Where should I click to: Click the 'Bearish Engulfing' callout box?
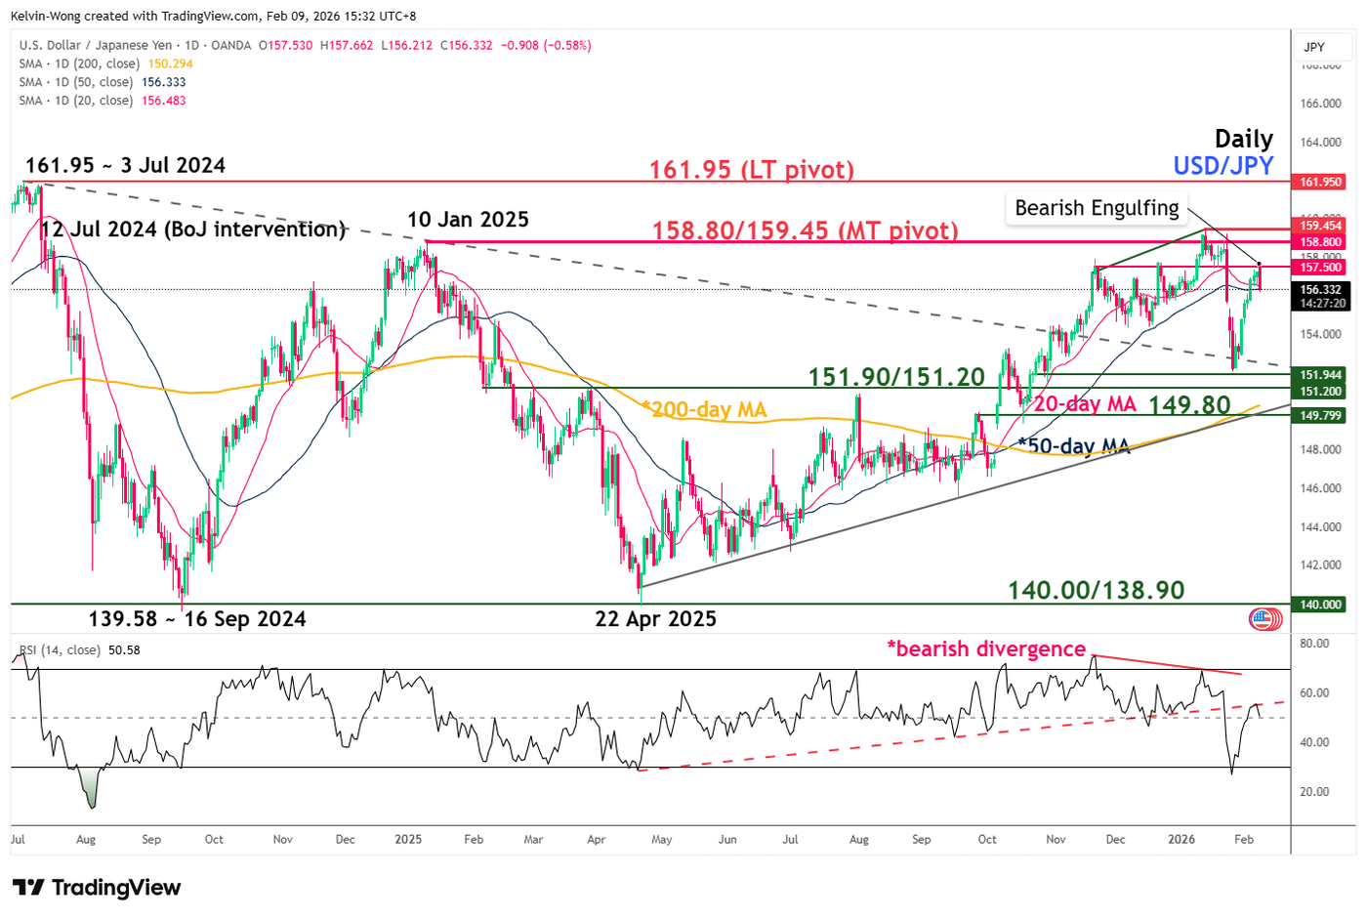(x=1097, y=208)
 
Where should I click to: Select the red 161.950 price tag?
(x=1320, y=182)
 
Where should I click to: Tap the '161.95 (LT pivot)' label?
(x=751, y=170)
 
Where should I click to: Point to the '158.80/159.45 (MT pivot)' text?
(x=805, y=230)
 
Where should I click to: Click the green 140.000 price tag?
(x=1320, y=605)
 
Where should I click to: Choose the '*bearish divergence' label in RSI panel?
(x=985, y=648)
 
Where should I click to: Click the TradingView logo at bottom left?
(x=97, y=888)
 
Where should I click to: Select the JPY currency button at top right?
(x=1314, y=47)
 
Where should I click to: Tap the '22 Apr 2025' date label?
(x=655, y=619)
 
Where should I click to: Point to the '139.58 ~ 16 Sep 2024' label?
(x=196, y=619)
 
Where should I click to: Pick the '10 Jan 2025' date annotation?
(x=468, y=220)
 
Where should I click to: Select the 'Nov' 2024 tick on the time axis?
(x=283, y=839)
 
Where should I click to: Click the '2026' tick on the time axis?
(x=1181, y=839)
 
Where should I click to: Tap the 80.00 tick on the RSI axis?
(x=1314, y=644)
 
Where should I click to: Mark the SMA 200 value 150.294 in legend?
(x=170, y=63)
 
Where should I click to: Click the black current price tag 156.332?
(x=1320, y=290)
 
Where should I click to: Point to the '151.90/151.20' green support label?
(x=895, y=377)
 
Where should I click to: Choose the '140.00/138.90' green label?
(x=1096, y=590)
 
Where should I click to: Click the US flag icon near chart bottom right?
(x=1265, y=618)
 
